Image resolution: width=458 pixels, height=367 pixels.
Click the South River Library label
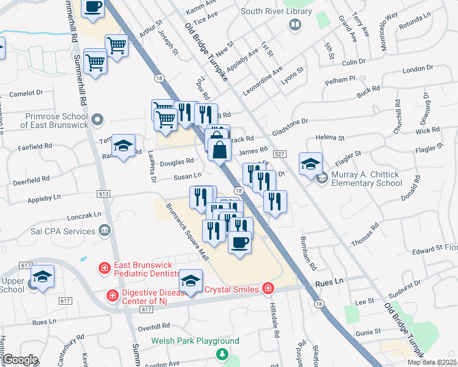(x=268, y=11)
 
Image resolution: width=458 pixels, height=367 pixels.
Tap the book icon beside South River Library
(x=295, y=24)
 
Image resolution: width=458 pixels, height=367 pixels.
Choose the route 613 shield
(x=103, y=194)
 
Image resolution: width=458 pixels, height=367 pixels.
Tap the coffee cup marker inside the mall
(x=239, y=242)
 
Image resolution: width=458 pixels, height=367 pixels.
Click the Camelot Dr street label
(x=26, y=94)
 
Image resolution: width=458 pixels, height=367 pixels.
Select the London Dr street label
(x=418, y=68)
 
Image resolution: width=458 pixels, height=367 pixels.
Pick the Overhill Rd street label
(x=153, y=327)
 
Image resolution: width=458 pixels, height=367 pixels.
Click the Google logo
(x=20, y=360)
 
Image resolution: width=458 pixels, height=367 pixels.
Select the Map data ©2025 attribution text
(x=432, y=362)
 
